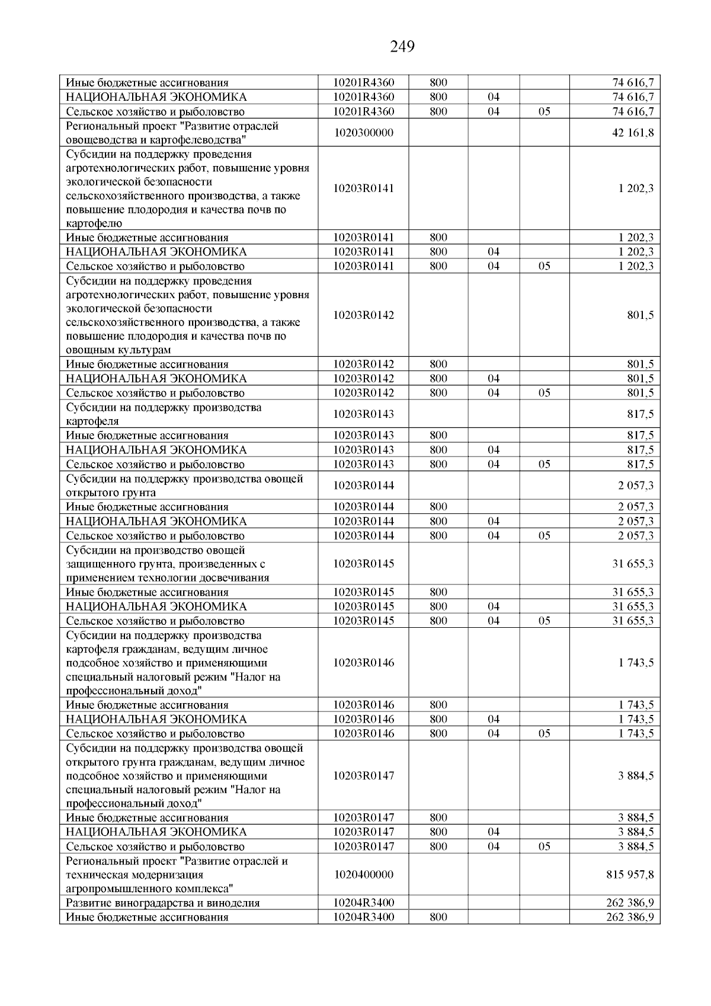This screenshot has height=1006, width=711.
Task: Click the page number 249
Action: click(402, 46)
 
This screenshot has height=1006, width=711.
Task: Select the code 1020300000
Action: click(363, 133)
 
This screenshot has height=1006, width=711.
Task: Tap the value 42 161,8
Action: click(633, 133)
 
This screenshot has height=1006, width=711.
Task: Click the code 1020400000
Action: click(363, 874)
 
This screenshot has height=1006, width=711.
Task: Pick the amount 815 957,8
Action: click(630, 874)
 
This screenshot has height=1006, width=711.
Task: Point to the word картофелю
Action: click(94, 223)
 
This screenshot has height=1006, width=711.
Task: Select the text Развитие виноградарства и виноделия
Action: click(163, 903)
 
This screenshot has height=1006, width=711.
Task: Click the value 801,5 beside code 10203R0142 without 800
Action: click(640, 315)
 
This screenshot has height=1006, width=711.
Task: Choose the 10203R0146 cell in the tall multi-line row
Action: click(363, 663)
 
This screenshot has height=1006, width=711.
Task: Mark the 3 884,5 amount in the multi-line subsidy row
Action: click(636, 775)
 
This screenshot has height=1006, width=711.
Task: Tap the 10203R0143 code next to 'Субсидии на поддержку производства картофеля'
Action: click(363, 414)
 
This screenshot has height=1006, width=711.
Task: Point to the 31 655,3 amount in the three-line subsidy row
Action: click(633, 564)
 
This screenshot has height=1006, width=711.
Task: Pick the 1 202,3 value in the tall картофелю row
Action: click(636, 189)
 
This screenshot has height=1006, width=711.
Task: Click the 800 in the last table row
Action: click(438, 917)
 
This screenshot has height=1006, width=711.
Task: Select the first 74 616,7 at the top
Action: click(633, 82)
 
